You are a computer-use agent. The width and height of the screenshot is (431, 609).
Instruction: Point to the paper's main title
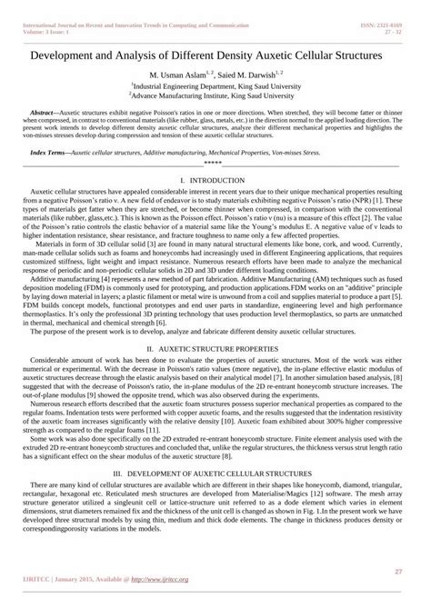(x=215, y=56)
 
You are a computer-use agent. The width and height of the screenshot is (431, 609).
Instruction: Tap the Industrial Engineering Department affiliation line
(x=215, y=87)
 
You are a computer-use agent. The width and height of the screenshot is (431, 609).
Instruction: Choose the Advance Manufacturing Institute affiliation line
(x=215, y=96)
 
